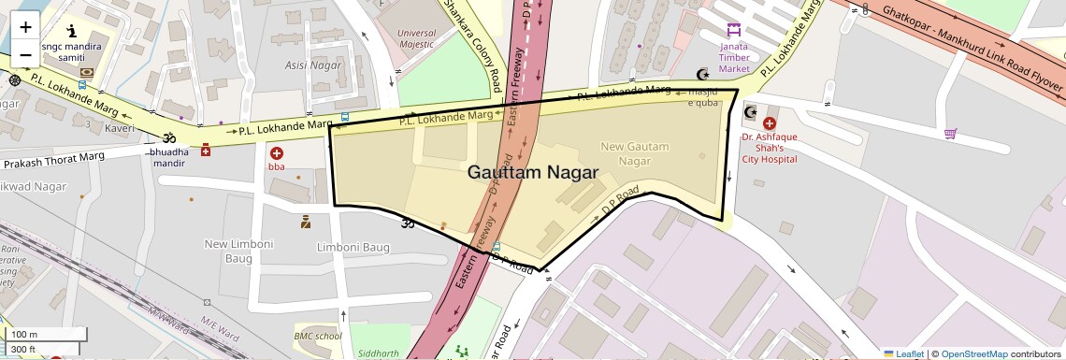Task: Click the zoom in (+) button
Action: coord(25,27)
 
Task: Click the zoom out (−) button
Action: coord(25,54)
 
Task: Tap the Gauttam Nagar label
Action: coord(533,172)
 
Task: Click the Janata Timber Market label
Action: coord(734,56)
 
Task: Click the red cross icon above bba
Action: coord(277,152)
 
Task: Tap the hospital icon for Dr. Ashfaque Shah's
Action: coord(769,122)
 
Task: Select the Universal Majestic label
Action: coord(416,37)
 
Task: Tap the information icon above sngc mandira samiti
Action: coord(70,32)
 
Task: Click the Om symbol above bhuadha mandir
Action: coord(156,137)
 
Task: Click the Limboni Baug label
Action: coord(353,247)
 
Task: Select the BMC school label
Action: coord(318,336)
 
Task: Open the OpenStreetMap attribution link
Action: coord(973,353)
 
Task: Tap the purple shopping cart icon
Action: coord(950,134)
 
